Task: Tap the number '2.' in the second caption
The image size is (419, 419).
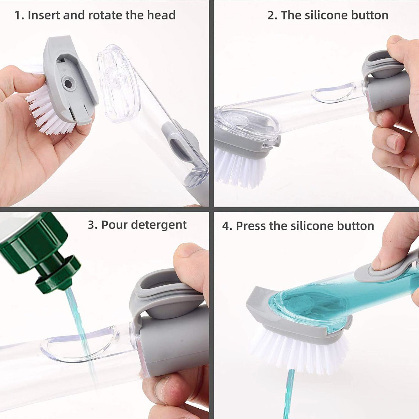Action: point(272,15)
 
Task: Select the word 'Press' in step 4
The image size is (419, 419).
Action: point(251,226)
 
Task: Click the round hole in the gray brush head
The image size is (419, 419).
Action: point(68,83)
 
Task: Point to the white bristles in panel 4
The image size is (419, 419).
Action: point(301,352)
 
